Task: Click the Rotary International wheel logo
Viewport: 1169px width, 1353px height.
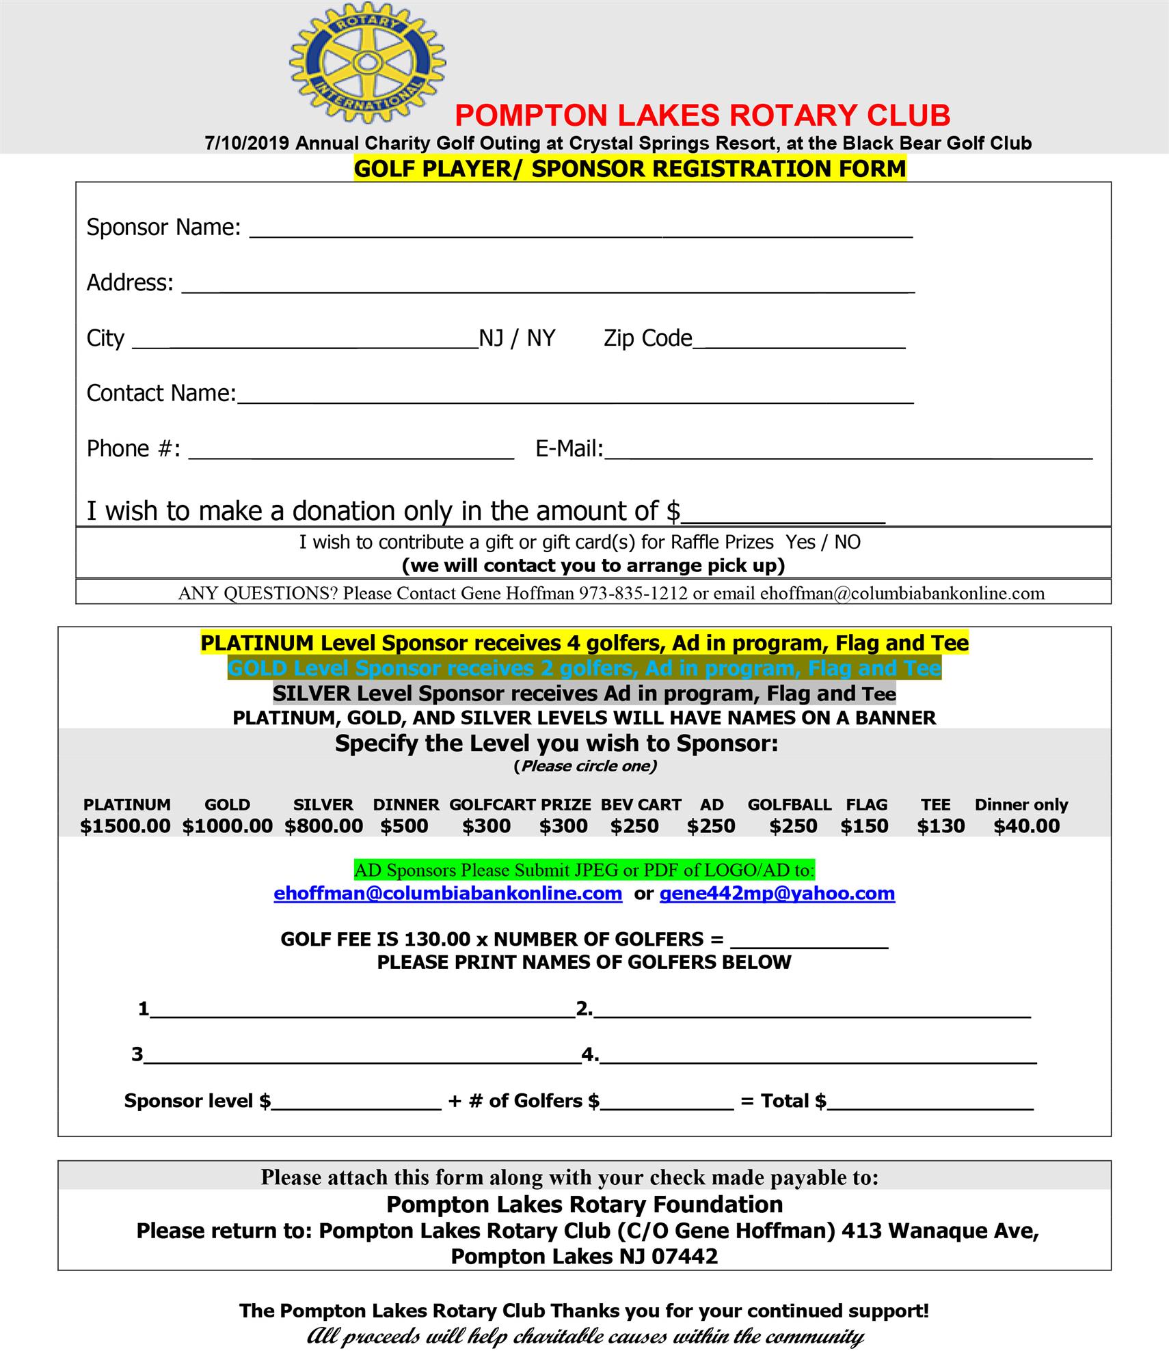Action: (367, 62)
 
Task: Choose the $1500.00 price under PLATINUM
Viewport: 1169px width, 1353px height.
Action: (125, 826)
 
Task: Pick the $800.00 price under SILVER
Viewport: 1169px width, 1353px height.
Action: (324, 826)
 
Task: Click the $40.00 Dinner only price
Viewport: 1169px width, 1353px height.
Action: (1026, 826)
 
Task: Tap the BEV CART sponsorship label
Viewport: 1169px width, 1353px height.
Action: (641, 804)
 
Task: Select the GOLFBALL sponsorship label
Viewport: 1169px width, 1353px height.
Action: (789, 804)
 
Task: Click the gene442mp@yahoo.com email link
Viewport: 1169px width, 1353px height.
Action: (777, 893)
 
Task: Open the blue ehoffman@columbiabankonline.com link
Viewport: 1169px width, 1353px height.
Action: (448, 893)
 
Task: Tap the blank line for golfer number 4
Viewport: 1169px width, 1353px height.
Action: (818, 1058)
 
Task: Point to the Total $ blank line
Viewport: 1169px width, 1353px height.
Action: (930, 1104)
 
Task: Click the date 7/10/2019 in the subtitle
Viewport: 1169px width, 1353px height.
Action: (247, 143)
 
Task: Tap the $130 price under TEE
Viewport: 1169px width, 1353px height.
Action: (941, 826)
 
